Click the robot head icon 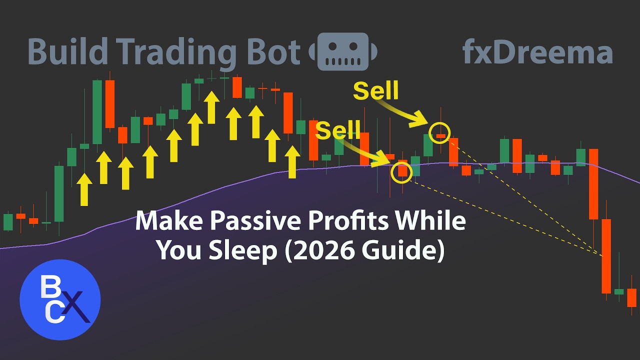pyautogui.click(x=342, y=51)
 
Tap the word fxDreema pyautogui.click(x=537, y=52)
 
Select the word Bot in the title pyautogui.click(x=273, y=52)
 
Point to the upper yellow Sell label pyautogui.click(x=375, y=90)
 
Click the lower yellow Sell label pyautogui.click(x=338, y=130)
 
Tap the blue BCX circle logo pyautogui.click(x=60, y=300)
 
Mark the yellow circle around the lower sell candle pyautogui.click(x=402, y=171)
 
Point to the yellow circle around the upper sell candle pyautogui.click(x=440, y=132)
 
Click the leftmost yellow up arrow pyautogui.click(x=85, y=189)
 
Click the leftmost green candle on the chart pyautogui.click(x=8, y=221)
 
